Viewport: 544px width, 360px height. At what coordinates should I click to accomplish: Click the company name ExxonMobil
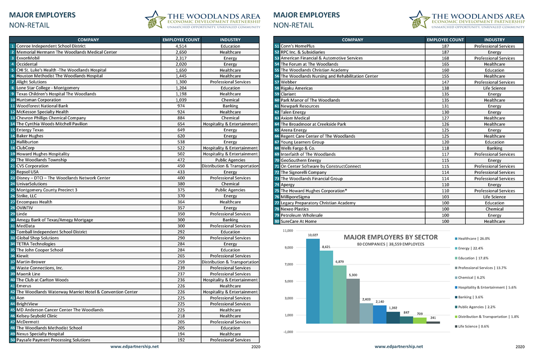pos(28,58)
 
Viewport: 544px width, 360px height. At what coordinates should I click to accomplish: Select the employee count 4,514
pos(181,46)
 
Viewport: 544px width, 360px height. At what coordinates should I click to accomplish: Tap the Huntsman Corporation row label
pos(39,100)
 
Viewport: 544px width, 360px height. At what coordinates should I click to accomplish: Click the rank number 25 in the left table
pos(12,190)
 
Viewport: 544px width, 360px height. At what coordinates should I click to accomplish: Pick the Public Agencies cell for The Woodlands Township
pos(230,160)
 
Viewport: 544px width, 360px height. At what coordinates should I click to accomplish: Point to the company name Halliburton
pos(27,142)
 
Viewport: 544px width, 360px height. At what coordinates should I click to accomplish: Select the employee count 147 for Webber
pos(445,82)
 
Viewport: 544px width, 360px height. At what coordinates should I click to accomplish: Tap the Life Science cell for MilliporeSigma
pos(495,197)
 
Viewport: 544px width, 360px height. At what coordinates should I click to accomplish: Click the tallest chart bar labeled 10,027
pos(313,281)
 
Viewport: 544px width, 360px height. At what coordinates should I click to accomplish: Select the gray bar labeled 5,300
pos(353,301)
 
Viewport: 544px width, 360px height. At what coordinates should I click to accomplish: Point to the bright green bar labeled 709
pos(420,320)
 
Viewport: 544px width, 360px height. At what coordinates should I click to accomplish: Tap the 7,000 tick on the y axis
pos(289,264)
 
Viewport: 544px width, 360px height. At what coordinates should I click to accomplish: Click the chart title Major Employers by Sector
pos(391,237)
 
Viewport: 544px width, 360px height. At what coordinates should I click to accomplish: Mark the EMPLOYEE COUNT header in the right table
pos(445,40)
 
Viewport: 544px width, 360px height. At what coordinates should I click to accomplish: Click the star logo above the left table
pos(155,19)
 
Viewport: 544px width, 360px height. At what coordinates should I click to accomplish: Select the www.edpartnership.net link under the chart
pos(399,346)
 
